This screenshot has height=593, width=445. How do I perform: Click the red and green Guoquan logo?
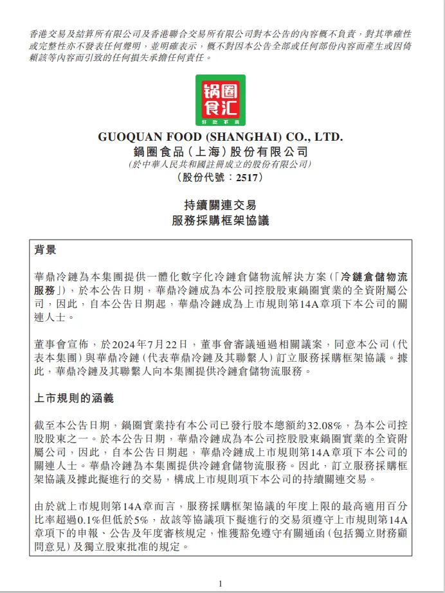pos(220,100)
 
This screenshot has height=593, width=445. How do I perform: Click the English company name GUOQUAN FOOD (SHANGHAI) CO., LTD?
pos(221,137)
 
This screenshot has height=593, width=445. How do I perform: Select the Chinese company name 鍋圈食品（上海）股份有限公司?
pos(221,152)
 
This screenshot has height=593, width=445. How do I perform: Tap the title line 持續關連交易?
pos(221,204)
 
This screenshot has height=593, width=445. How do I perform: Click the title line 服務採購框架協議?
pos(221,220)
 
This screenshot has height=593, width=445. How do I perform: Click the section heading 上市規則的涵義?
pos(73,398)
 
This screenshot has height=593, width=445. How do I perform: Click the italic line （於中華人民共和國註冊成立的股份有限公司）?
pos(221,164)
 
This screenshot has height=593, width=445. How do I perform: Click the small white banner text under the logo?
pos(220,121)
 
